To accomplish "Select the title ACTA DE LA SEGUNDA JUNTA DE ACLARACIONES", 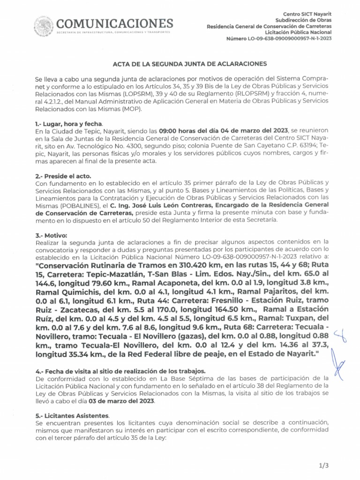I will (x=190, y=63).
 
